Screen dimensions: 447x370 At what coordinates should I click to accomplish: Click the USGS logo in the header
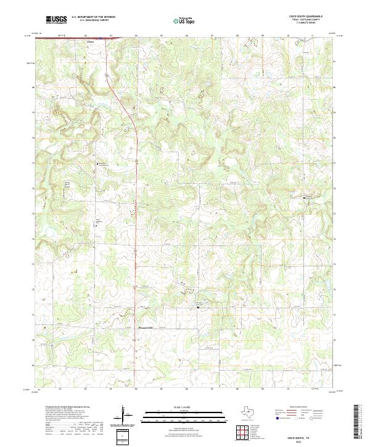(x=56, y=20)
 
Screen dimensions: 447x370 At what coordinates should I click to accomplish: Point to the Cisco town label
(x=90, y=43)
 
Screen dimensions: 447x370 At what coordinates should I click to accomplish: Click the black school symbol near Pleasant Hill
(x=197, y=307)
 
